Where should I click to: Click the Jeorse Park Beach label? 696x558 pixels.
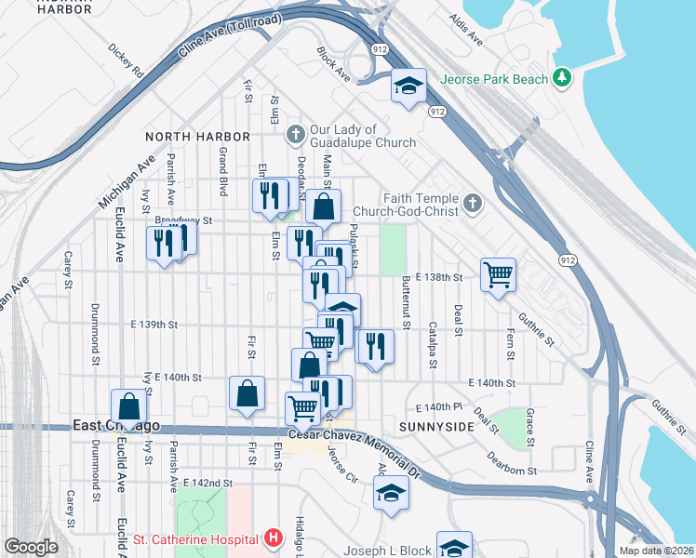pos(494,79)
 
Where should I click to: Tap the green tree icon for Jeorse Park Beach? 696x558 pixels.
pos(561,78)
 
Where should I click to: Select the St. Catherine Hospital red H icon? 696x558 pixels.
pos(274,538)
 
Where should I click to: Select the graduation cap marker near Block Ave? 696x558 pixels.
pos(408,86)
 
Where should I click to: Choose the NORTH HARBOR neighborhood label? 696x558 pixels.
pos(197,137)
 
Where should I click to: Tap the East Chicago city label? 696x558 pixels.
pos(116,426)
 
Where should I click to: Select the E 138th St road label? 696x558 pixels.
pos(439,278)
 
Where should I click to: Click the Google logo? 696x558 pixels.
pos(31,546)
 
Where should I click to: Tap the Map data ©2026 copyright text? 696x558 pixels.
pos(656,551)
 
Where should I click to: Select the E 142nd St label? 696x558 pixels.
pos(207,484)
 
